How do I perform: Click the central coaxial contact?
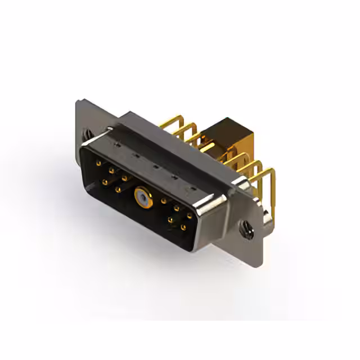click(x=141, y=197)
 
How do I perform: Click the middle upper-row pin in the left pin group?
click(x=111, y=170)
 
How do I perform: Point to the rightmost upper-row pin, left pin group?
click(x=124, y=177)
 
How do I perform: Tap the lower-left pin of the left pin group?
click(x=105, y=182)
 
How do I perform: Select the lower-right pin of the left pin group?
click(x=118, y=190)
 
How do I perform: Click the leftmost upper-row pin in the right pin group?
click(x=164, y=200)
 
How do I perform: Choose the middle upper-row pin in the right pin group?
click(x=177, y=208)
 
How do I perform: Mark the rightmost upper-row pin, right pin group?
click(x=190, y=215)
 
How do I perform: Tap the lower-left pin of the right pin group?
click(x=170, y=220)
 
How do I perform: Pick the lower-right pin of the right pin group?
click(x=183, y=228)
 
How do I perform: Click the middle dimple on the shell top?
click(x=154, y=166)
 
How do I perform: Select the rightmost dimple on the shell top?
click(x=193, y=188)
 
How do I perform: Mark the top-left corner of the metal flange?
click(x=77, y=102)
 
